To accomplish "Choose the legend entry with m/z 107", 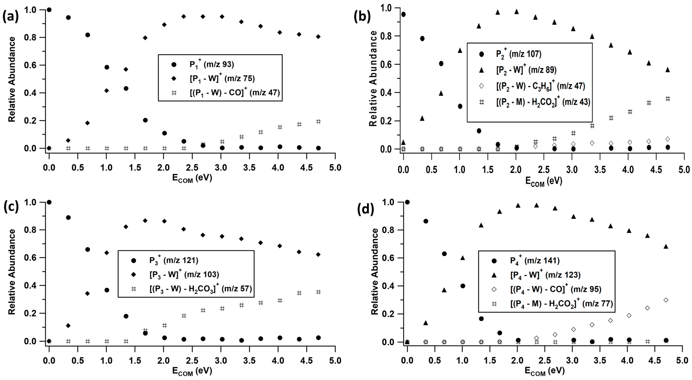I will pyautogui.click(x=518, y=54).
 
